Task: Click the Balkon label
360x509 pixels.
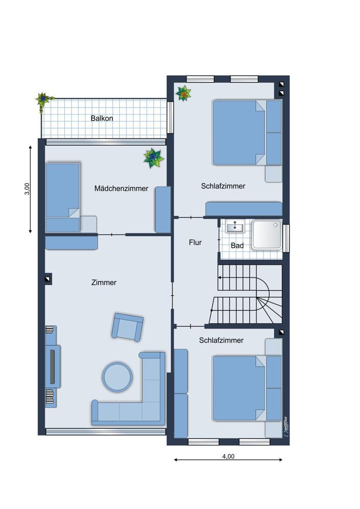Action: click(102, 118)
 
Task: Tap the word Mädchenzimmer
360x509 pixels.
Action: click(121, 188)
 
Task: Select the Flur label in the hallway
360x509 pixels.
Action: click(195, 242)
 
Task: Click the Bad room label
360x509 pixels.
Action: click(237, 246)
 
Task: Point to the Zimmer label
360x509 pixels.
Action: click(104, 283)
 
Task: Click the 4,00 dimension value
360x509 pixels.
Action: click(228, 456)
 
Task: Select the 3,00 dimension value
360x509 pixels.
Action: click(27, 189)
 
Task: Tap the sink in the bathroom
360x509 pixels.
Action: click(235, 226)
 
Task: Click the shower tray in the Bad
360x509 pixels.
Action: click(267, 235)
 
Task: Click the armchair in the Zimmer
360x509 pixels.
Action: click(127, 327)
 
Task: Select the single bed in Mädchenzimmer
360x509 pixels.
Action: click(63, 197)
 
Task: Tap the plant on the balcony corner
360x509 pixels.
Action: click(42, 101)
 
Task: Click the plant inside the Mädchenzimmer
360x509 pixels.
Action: click(153, 158)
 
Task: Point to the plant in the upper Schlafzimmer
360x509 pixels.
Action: click(184, 93)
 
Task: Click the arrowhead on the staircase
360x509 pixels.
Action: click(220, 277)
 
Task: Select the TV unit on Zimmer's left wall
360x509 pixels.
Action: click(53, 366)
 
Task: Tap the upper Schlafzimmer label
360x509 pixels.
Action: click(223, 186)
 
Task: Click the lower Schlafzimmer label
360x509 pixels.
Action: click(221, 340)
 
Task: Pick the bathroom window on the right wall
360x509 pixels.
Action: click(286, 238)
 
